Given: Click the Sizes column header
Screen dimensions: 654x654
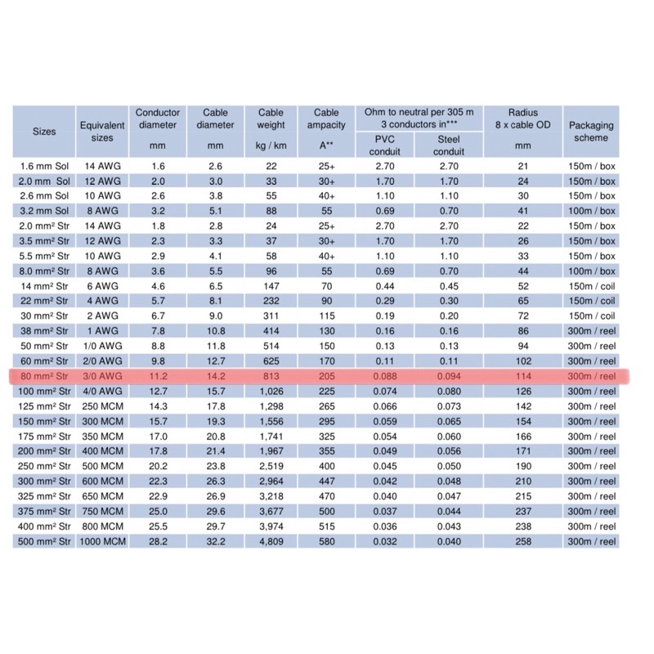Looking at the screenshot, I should pyautogui.click(x=44, y=131).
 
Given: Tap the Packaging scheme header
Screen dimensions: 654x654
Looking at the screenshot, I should pyautogui.click(x=591, y=132).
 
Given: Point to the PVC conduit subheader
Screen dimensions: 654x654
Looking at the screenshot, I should pyautogui.click(x=385, y=145).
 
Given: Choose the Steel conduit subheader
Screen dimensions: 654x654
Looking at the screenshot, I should pyautogui.click(x=449, y=145).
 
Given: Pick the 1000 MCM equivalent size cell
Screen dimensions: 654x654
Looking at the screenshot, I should pyautogui.click(x=102, y=541).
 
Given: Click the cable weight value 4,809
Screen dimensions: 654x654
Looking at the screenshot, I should pyautogui.click(x=271, y=541).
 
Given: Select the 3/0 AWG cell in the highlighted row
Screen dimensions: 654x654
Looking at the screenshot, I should pyautogui.click(x=102, y=376).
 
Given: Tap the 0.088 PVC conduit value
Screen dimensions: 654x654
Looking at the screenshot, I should pyautogui.click(x=385, y=376).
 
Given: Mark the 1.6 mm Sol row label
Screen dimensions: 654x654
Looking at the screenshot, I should pyautogui.click(x=44, y=166).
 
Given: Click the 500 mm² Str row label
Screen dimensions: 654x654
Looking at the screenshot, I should pyautogui.click(x=44, y=541).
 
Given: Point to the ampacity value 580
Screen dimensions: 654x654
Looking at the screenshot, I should pyautogui.click(x=326, y=541).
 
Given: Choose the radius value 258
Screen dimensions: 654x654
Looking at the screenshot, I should pyautogui.click(x=523, y=541).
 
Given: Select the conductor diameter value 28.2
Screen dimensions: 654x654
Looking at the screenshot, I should pyautogui.click(x=157, y=541).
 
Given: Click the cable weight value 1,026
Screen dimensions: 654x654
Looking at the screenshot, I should pyautogui.click(x=271, y=391).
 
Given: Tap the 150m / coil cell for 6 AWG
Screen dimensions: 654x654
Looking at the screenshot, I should pyautogui.click(x=591, y=286).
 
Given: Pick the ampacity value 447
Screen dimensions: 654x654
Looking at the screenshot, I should pyautogui.click(x=326, y=481).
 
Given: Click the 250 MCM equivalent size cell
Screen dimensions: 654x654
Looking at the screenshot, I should pyautogui.click(x=102, y=405).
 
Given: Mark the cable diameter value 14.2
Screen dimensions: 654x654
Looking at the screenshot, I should pyautogui.click(x=215, y=376).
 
